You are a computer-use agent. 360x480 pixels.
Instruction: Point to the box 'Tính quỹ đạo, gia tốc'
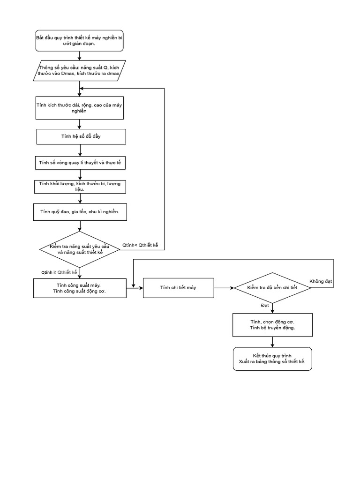point(80,212)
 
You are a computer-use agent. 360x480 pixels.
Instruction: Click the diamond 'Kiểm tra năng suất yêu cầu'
point(80,249)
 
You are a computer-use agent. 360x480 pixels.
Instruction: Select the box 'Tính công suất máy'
point(80,288)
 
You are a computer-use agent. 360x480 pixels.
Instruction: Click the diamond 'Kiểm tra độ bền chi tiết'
point(272,287)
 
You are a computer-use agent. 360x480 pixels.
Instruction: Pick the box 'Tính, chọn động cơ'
point(272,324)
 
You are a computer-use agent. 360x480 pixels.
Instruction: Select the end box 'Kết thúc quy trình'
point(272,359)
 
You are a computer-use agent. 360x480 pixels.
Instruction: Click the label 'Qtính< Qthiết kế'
point(141,245)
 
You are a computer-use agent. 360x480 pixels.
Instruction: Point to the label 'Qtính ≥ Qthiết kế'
point(59,272)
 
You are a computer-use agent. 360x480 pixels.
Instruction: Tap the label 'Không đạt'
point(321,281)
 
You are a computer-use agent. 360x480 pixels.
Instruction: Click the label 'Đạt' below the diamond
point(265,305)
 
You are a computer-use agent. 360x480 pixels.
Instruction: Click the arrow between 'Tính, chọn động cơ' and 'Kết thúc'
point(272,342)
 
